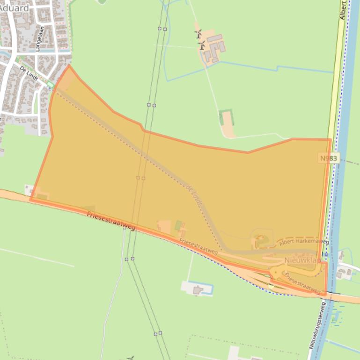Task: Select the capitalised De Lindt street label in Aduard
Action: (x=29, y=73)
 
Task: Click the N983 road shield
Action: (x=329, y=158)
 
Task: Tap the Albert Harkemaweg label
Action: (x=304, y=242)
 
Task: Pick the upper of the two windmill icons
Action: (x=198, y=34)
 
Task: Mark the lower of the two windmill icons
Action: (x=202, y=46)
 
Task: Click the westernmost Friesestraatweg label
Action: (x=111, y=221)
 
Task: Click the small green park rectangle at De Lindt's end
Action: (x=50, y=85)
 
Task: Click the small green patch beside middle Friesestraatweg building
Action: (x=178, y=225)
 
